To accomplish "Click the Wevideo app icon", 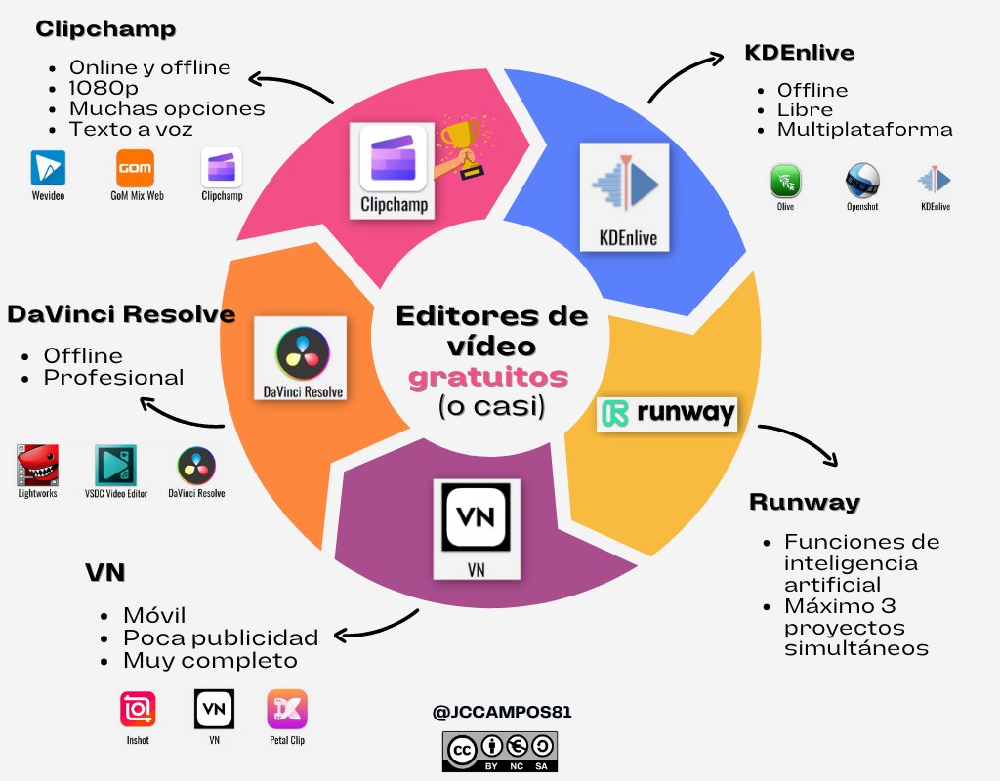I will click(46, 168).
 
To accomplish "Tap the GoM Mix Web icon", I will click(134, 168).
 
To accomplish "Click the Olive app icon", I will click(785, 182).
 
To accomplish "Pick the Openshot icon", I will click(861, 182).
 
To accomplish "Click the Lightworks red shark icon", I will click(37, 466).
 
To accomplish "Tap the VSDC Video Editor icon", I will click(115, 466).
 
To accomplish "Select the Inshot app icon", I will click(138, 709).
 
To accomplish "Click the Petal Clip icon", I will click(286, 709).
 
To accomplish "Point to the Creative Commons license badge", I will click(500, 751).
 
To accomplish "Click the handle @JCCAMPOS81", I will click(501, 713).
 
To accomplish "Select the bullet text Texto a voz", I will click(130, 129).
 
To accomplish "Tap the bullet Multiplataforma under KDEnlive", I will click(864, 130).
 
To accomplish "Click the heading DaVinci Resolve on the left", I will click(120, 315).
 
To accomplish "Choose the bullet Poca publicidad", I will click(221, 638).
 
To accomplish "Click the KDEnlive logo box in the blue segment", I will click(625, 196).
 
